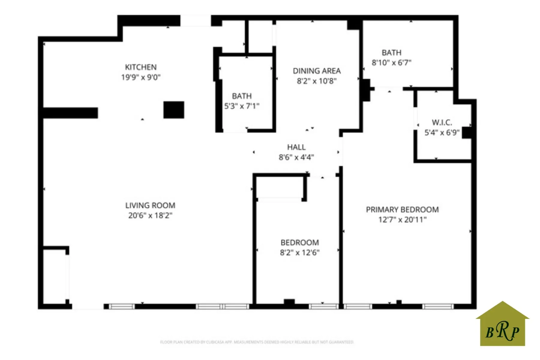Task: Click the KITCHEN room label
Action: (x=141, y=67)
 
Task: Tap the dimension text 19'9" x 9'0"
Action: (x=141, y=77)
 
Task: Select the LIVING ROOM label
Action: (x=150, y=205)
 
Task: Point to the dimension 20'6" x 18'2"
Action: (x=150, y=215)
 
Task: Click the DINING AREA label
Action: (x=317, y=71)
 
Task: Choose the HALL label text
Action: (x=296, y=147)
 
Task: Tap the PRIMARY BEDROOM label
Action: (x=402, y=210)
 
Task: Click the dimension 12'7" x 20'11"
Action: (x=402, y=220)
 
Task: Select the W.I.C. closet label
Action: (x=442, y=122)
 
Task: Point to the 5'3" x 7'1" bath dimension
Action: (x=242, y=106)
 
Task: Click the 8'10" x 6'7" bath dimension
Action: (x=391, y=63)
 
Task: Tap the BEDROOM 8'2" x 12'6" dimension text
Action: (x=300, y=253)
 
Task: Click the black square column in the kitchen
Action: (x=174, y=110)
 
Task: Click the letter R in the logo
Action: (x=503, y=331)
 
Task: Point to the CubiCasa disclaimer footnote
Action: (x=257, y=342)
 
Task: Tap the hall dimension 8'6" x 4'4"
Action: (x=296, y=157)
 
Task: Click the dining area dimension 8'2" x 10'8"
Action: (x=317, y=81)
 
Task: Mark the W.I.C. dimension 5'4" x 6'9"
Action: (x=442, y=133)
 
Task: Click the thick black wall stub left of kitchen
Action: (x=70, y=113)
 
